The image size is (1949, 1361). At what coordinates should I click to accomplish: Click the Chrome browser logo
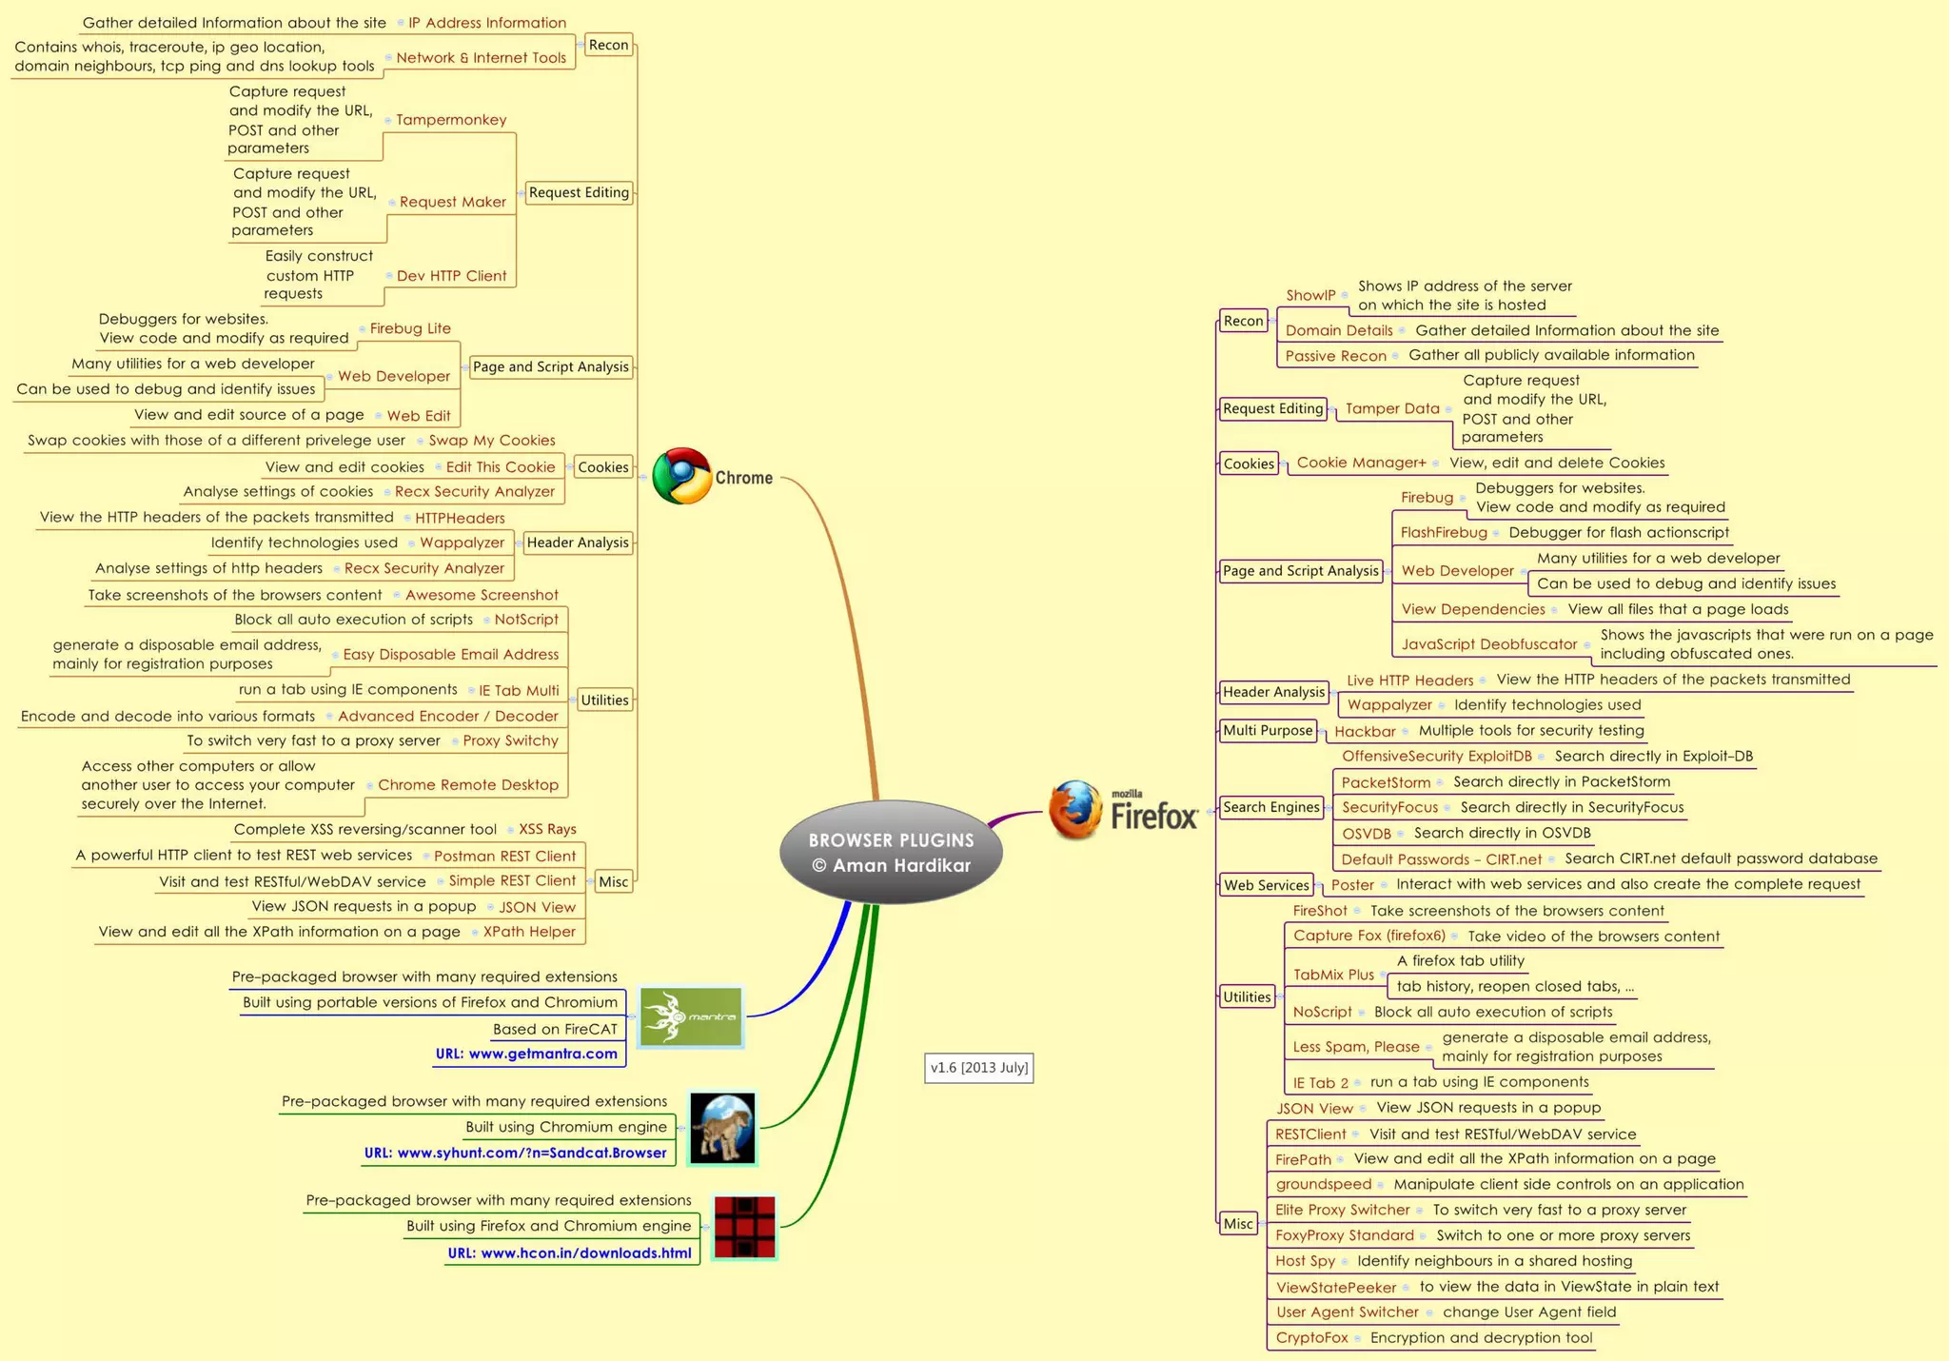click(x=681, y=476)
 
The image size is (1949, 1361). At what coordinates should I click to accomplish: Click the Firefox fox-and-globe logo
click(x=1075, y=810)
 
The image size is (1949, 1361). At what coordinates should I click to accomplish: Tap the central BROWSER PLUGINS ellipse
click(x=891, y=852)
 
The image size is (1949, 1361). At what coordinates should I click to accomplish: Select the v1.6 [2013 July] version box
click(x=978, y=1068)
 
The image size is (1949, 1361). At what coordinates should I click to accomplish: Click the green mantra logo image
click(x=691, y=1016)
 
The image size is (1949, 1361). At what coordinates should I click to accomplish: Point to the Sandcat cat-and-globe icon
click(x=722, y=1128)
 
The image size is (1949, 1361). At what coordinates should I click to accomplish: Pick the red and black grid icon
click(x=745, y=1227)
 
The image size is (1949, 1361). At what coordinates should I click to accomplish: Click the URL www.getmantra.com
click(x=526, y=1054)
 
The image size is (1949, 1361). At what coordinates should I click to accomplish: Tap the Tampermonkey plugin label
click(x=451, y=120)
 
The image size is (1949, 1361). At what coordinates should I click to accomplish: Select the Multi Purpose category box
click(x=1268, y=730)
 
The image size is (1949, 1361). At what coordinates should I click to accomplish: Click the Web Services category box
click(x=1266, y=885)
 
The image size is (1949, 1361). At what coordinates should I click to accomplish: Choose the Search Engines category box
click(x=1271, y=807)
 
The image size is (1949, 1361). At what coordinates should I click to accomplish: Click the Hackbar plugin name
click(x=1365, y=731)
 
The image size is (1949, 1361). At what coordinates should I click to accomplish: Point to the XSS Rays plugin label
click(x=547, y=829)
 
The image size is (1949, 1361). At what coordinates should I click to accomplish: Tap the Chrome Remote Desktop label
click(x=468, y=784)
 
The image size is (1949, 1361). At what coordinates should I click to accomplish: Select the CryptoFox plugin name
click(x=1311, y=1337)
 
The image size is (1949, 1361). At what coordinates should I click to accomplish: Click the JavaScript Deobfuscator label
click(x=1488, y=644)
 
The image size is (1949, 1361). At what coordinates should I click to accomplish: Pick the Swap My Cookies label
click(x=492, y=440)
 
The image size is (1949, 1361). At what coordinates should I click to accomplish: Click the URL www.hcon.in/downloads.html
click(x=569, y=1253)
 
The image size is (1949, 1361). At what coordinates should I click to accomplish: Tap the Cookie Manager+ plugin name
click(x=1361, y=463)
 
